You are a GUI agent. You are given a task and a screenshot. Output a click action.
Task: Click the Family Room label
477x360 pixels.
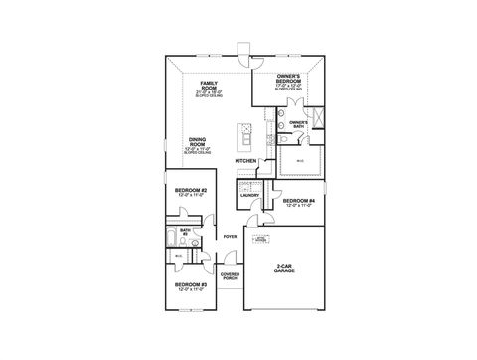209,86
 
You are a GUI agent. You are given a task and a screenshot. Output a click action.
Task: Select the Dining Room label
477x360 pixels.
196,142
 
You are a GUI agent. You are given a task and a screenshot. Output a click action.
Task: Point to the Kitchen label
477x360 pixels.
245,159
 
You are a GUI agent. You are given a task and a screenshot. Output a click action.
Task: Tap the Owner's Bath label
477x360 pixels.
299,124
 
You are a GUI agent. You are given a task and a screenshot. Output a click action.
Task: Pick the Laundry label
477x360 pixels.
249,196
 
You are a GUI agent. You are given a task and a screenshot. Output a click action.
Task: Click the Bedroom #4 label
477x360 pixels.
298,202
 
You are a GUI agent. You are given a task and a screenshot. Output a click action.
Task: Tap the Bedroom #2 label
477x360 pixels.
191,191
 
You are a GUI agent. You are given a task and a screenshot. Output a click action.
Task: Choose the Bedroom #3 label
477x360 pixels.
190,285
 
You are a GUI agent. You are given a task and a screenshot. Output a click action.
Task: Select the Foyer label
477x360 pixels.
231,236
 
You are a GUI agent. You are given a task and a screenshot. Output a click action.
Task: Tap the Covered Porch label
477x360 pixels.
230,276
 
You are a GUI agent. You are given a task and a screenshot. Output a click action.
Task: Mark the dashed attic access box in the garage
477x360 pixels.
260,239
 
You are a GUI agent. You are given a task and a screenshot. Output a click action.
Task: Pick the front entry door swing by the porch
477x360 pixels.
232,259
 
